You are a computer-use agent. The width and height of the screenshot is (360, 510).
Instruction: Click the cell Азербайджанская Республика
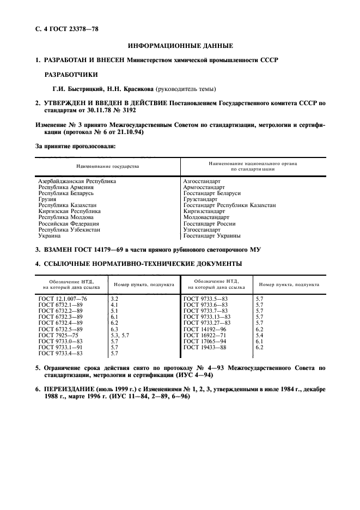coord(77,181)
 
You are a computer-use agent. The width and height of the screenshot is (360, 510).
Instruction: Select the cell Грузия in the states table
coord(47,199)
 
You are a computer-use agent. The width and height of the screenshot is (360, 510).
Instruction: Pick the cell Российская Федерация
coord(69,223)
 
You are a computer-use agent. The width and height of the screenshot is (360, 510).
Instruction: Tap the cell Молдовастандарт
coord(206,217)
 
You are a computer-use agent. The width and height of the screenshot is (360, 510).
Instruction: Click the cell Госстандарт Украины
coord(212,235)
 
